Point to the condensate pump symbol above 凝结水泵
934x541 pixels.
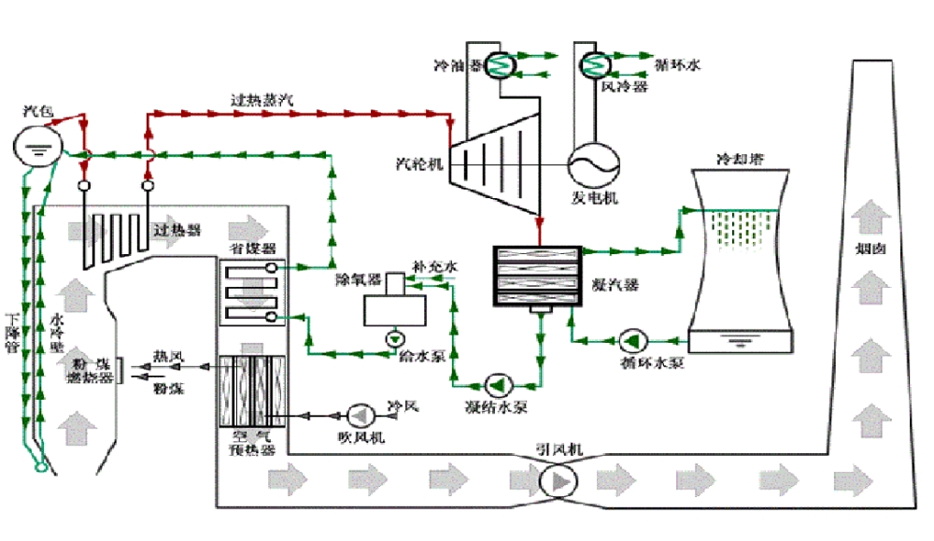497,384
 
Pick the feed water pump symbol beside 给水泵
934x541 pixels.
396,337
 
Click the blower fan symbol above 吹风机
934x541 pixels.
360,413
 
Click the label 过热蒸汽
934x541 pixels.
261,98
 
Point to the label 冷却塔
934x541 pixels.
739,159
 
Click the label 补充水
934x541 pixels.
437,267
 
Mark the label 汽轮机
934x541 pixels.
417,163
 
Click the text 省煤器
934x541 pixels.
251,249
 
